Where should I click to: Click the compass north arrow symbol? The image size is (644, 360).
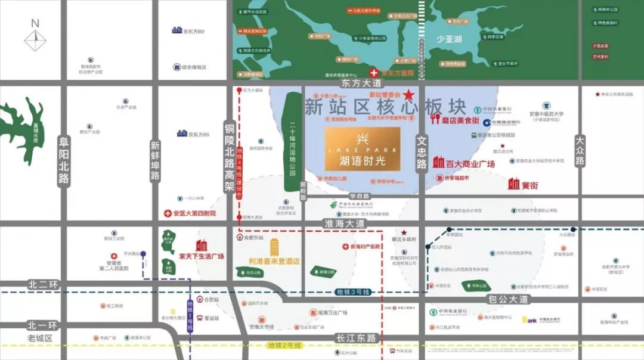point(35,37)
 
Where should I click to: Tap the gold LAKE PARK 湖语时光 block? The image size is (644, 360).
point(362,148)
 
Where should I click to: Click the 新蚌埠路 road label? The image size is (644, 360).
point(155,160)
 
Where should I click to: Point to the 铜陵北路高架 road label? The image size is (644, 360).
point(230,159)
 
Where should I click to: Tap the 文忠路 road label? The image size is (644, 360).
point(422,153)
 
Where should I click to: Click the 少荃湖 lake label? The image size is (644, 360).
point(449,39)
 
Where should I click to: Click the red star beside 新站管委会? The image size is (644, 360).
point(408,95)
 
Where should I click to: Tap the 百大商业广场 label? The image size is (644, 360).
point(465,163)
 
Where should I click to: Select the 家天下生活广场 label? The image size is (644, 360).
point(202,256)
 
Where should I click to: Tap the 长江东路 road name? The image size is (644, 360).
point(356,338)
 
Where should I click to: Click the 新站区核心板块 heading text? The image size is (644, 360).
point(385,107)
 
